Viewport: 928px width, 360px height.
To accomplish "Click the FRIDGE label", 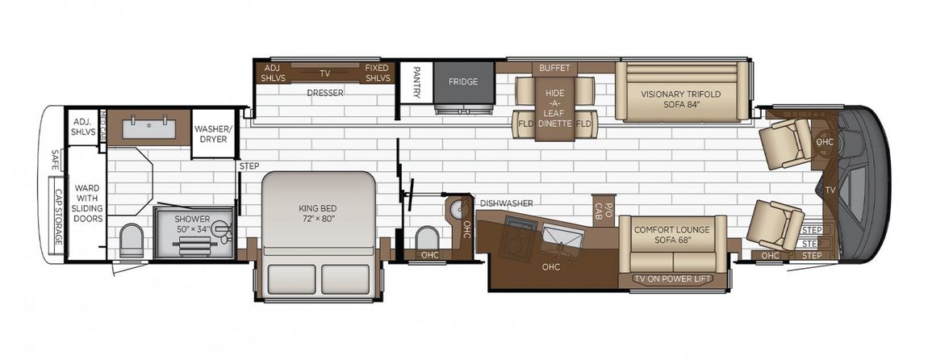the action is (x=462, y=82).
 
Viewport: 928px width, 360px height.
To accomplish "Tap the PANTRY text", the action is (x=416, y=82).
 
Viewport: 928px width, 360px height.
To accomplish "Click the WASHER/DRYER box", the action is (x=213, y=134).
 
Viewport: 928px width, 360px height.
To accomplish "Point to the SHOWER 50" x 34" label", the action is (x=192, y=224).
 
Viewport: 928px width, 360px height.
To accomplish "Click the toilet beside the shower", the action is (x=131, y=241).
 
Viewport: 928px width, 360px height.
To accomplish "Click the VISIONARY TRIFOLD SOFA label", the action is (x=680, y=99).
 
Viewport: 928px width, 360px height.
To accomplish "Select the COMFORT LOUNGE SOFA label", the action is (x=671, y=234).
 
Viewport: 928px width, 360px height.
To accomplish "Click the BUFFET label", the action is (x=554, y=68).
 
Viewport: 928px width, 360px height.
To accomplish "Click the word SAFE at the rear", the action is (x=55, y=160).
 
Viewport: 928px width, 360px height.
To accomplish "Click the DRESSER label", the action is (x=325, y=93).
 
